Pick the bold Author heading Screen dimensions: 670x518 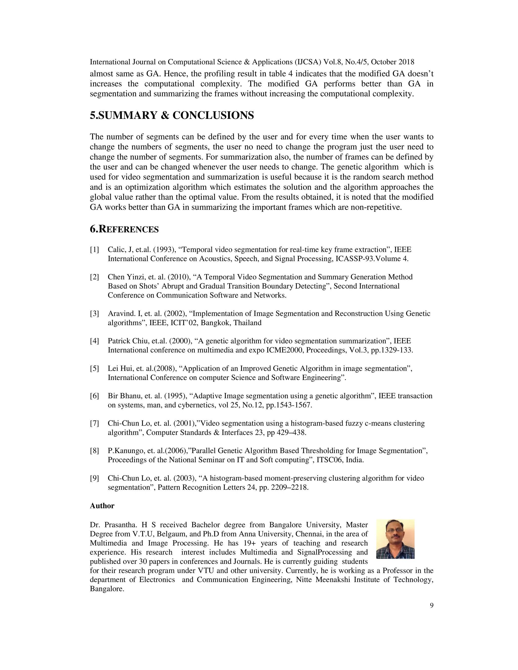tap(102, 506)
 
